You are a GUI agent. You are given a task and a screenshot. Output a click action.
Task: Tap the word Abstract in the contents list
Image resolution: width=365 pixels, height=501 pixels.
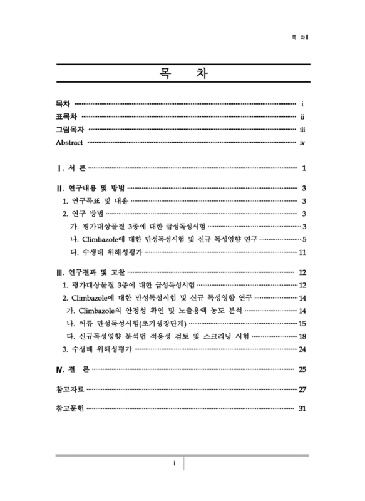pos(69,143)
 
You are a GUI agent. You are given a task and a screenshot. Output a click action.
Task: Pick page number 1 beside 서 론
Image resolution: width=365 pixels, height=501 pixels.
pos(303,168)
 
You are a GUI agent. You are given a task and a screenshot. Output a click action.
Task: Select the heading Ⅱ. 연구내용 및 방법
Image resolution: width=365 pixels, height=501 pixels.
pos(91,188)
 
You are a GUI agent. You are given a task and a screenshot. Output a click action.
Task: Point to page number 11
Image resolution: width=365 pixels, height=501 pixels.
pos(302,252)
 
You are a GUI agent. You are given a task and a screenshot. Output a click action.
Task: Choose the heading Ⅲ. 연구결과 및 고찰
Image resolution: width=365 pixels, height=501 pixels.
pos(91,272)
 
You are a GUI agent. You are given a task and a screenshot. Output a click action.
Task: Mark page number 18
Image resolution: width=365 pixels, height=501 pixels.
pos(302,336)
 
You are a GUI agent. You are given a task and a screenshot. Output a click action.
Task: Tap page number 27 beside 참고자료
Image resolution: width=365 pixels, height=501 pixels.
pos(302,390)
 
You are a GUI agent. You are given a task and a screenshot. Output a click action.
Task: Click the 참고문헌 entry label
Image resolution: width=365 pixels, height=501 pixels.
pos(70,409)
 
